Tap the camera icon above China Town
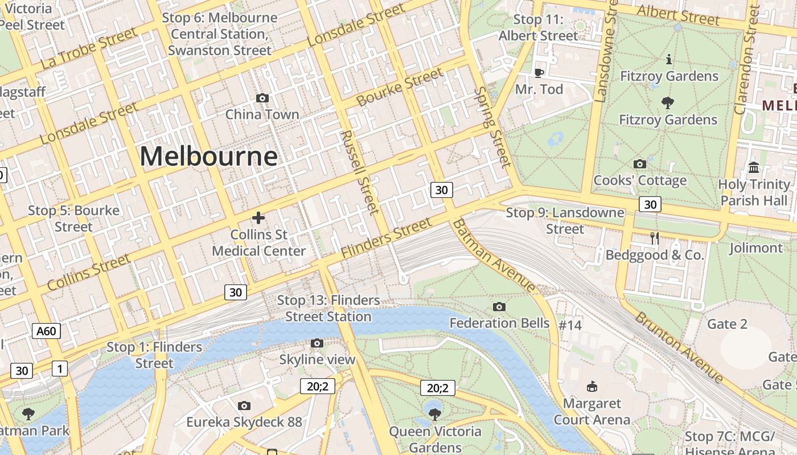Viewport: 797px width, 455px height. [x=262, y=98]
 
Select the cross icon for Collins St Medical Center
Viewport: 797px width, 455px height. [x=258, y=218]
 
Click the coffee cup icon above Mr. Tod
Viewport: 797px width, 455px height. [x=539, y=72]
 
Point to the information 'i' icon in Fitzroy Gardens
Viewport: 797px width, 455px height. [x=668, y=59]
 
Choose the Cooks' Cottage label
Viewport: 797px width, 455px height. [x=640, y=180]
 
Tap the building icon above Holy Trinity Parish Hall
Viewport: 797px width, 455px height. [x=754, y=167]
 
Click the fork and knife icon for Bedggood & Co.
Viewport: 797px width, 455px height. [x=655, y=238]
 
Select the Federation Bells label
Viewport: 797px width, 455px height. [x=499, y=323]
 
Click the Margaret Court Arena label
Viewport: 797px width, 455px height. [x=592, y=412]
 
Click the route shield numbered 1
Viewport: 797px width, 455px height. [x=59, y=369]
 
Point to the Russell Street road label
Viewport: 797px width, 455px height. [x=359, y=172]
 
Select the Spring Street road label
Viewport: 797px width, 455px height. [x=492, y=127]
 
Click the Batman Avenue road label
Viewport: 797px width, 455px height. [x=495, y=254]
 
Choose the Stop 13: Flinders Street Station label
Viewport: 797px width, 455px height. [x=328, y=308]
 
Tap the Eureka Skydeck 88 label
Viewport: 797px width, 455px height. [x=244, y=422]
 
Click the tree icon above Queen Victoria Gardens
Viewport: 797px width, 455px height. [x=435, y=414]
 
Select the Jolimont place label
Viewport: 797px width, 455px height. [x=756, y=248]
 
